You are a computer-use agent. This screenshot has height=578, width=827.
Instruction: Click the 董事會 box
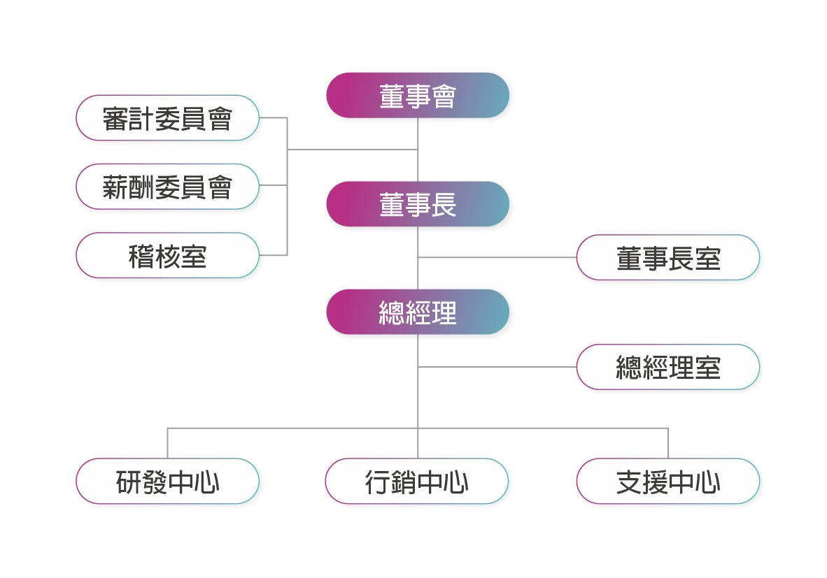click(418, 95)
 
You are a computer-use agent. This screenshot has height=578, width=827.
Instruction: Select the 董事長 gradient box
click(418, 204)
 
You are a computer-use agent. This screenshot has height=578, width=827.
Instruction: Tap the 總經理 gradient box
click(418, 312)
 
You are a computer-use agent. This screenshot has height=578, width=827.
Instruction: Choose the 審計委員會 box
click(168, 118)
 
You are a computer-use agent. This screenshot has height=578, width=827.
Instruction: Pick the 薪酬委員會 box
click(168, 187)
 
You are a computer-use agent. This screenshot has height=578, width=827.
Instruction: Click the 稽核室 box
click(168, 255)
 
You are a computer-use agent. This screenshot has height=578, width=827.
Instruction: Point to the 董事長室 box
click(668, 258)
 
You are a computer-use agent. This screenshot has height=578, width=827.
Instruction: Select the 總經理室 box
click(668, 367)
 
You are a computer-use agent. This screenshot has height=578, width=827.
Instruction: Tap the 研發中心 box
click(168, 481)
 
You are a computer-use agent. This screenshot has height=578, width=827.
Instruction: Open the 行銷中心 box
click(417, 481)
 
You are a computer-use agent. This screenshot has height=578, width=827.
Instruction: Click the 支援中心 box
click(668, 481)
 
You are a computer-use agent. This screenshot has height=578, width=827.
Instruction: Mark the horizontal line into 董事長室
click(497, 258)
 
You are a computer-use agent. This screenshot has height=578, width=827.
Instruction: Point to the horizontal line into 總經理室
click(497, 367)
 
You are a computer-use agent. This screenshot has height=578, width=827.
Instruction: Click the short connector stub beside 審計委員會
click(273, 117)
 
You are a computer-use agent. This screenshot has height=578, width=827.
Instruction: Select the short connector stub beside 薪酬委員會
click(273, 185)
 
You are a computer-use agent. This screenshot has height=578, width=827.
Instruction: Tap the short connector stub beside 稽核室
click(273, 255)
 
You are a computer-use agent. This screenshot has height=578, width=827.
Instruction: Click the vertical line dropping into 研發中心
click(168, 443)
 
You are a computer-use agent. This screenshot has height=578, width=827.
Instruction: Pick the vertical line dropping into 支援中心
click(668, 443)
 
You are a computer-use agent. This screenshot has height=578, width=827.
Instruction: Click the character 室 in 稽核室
click(194, 256)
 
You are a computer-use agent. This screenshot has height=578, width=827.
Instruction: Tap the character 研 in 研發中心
click(129, 482)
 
